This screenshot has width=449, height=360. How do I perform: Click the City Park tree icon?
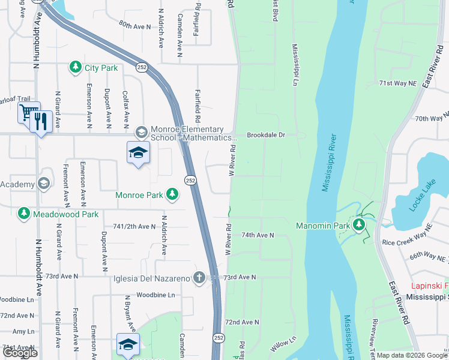point(76,67)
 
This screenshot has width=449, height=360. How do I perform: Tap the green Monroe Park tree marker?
point(172,194)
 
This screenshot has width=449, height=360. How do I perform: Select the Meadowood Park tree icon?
point(24,213)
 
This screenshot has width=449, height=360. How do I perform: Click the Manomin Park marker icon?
point(359,225)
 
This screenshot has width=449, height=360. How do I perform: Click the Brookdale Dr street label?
point(265,136)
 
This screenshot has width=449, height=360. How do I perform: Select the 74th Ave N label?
point(258,235)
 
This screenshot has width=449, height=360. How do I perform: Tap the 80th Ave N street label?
point(135,26)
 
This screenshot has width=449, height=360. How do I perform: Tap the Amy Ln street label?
point(23,331)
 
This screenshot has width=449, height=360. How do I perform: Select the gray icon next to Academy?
point(44,183)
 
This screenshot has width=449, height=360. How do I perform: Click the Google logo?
point(19,353)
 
